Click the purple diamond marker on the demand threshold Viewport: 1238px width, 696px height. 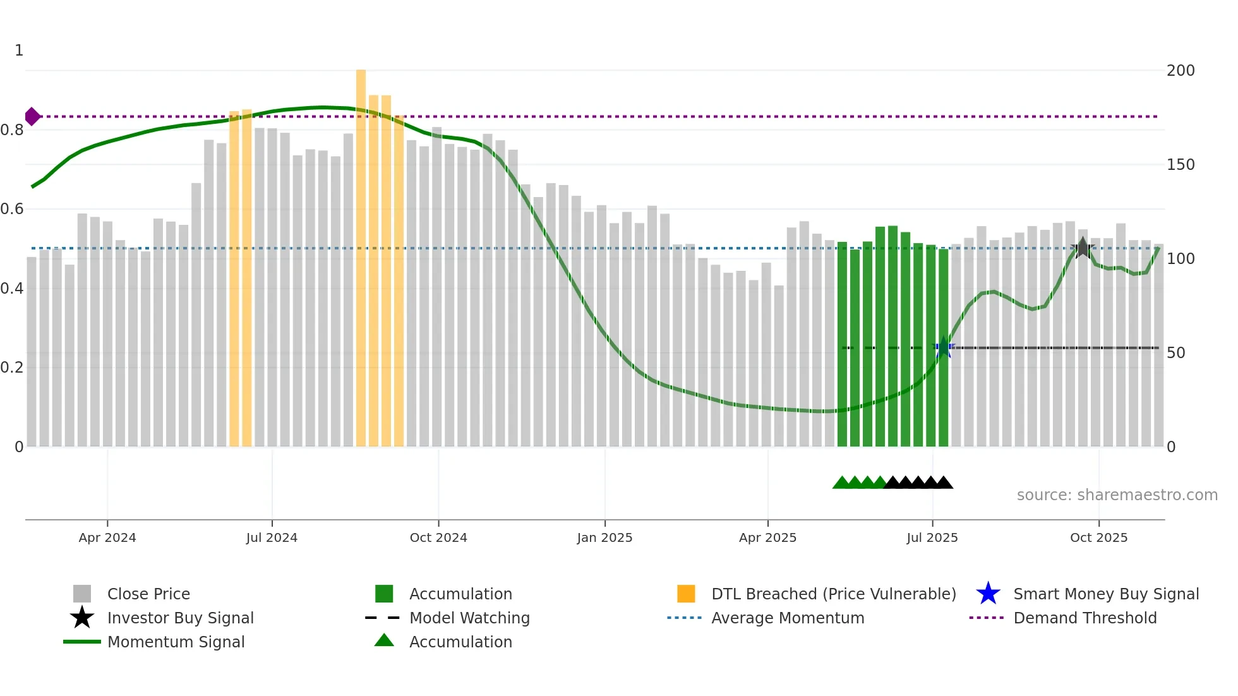point(32,117)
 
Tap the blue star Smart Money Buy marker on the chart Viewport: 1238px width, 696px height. point(944,347)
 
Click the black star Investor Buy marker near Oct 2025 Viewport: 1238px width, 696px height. point(1083,248)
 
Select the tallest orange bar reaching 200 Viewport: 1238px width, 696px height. point(361,253)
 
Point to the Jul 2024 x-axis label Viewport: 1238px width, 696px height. point(272,537)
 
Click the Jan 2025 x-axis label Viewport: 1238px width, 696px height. point(604,537)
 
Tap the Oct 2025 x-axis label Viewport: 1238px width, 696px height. point(1098,537)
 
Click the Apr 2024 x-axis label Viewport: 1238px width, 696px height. point(107,537)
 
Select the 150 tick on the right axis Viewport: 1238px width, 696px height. point(1181,165)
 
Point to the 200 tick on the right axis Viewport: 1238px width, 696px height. point(1181,71)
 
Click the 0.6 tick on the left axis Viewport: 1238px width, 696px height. point(12,209)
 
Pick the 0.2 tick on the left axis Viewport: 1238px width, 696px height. point(12,368)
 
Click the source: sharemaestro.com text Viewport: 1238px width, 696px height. point(1117,495)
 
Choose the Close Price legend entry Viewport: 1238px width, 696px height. point(148,594)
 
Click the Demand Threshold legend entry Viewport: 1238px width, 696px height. point(1085,618)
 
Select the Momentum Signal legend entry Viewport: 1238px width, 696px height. point(176,642)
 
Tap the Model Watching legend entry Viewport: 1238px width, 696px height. point(469,618)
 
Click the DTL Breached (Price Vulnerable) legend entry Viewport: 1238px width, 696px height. point(833,594)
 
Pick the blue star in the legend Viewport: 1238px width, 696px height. point(988,594)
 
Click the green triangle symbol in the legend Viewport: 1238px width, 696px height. point(384,641)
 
